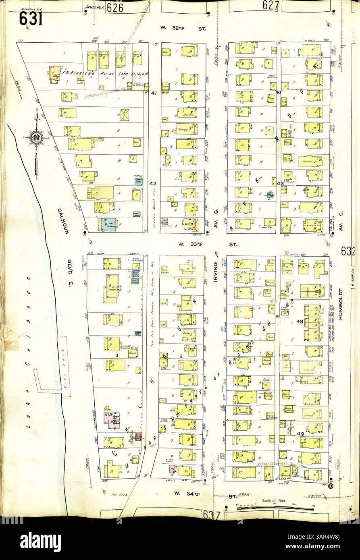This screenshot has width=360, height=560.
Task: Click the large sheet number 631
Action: coord(31,19)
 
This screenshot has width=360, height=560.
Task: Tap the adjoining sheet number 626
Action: coord(114,8)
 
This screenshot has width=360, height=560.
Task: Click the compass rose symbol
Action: coord(36,138)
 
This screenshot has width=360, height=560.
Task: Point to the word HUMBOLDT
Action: coord(341,304)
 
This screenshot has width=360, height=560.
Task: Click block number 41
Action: coord(153,93)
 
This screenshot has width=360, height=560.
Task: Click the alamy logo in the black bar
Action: coord(40,539)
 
